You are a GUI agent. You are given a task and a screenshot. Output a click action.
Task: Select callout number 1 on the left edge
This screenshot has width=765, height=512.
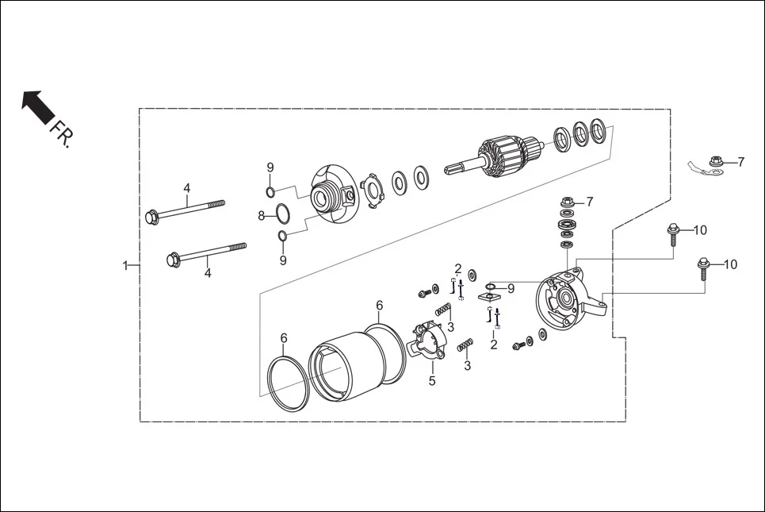(x=124, y=265)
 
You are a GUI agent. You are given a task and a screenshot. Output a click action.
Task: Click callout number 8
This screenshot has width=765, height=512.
(x=261, y=215)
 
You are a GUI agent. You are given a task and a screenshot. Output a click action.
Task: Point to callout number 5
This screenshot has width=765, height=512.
(x=432, y=381)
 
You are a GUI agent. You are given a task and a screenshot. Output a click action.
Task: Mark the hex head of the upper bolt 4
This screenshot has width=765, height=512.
(x=151, y=216)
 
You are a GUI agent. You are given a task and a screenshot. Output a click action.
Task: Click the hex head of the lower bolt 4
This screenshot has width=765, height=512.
(x=173, y=260)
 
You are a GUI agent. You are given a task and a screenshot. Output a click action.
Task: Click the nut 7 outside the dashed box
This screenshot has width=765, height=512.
(x=716, y=163)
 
